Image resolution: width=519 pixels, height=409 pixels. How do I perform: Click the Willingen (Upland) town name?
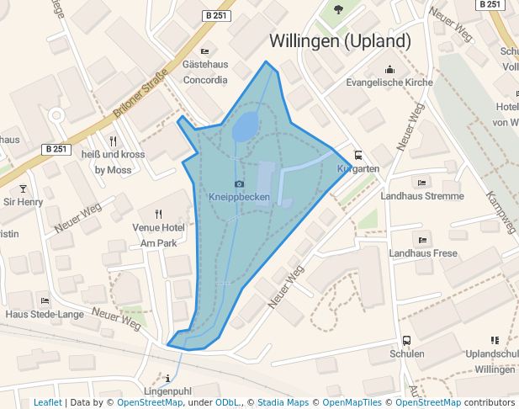pos(340,41)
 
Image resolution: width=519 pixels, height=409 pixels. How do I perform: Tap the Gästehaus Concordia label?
pos(204,72)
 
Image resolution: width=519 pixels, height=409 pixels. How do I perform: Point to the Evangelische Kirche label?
pos(389,82)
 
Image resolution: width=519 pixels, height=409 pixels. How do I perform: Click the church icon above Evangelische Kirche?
pos(389,69)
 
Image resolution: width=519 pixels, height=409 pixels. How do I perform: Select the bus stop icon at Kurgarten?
pos(358,156)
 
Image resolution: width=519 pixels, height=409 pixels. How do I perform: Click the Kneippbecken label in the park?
pos(240,197)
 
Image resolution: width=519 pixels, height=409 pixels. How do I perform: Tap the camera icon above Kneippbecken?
pos(240,183)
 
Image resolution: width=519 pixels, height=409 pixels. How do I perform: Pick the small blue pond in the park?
pos(245,128)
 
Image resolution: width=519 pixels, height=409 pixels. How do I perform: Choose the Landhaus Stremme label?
pos(421,196)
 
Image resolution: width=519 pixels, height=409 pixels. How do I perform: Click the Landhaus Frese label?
pos(423,253)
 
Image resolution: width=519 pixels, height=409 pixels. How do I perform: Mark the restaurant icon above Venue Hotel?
pos(158,214)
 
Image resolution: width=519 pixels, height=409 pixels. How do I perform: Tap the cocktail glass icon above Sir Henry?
pos(23,189)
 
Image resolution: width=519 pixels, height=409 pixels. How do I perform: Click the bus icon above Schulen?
pos(407,341)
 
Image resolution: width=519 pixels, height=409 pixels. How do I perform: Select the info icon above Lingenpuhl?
pos(168,378)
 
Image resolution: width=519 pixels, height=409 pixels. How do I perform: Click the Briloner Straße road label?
pos(140,96)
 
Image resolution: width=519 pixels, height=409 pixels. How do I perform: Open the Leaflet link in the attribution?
pos(47,402)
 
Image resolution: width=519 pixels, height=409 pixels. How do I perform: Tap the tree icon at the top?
pos(337,10)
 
